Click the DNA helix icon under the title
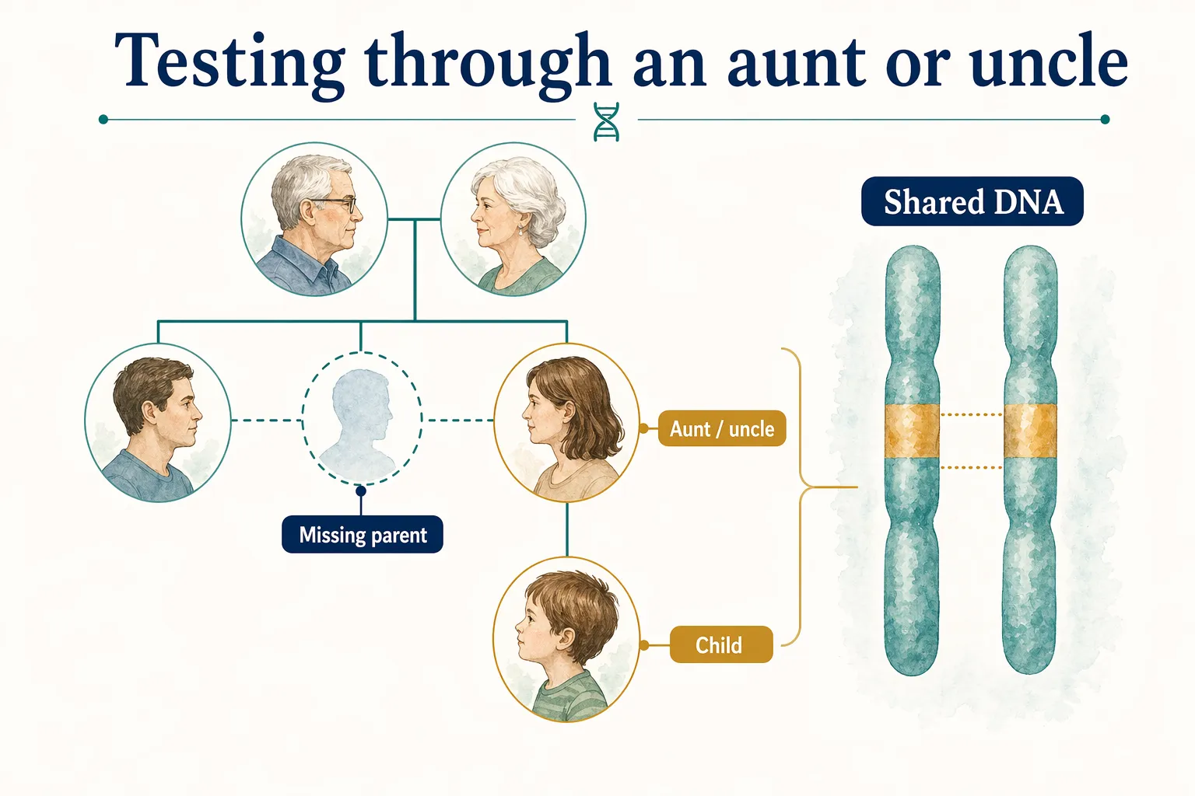pos(606,121)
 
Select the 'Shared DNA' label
pos(972,202)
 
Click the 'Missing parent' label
pos(363,535)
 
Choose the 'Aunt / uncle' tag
pos(722,428)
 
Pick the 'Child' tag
pos(720,644)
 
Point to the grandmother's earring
pos(521,231)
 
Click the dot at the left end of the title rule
pos(103,119)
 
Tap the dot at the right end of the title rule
pos(1105,119)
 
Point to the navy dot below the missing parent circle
pos(361,491)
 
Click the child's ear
pos(566,639)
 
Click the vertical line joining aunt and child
pos(567,529)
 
